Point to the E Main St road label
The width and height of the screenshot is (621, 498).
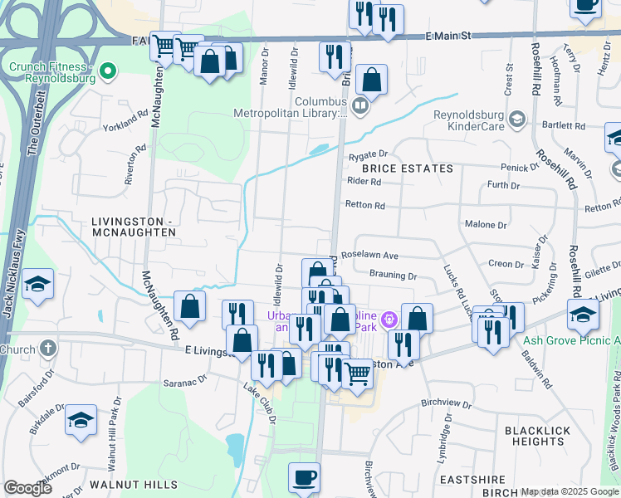click(x=447, y=37)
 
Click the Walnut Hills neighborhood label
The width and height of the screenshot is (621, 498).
click(x=133, y=483)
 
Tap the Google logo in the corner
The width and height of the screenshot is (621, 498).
click(x=27, y=488)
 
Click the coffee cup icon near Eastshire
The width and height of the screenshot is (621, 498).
click(x=304, y=478)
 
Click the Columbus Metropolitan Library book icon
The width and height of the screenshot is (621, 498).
click(x=359, y=105)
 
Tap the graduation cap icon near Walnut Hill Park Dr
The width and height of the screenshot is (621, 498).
click(x=81, y=420)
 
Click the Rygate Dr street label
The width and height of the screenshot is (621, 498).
click(x=369, y=154)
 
